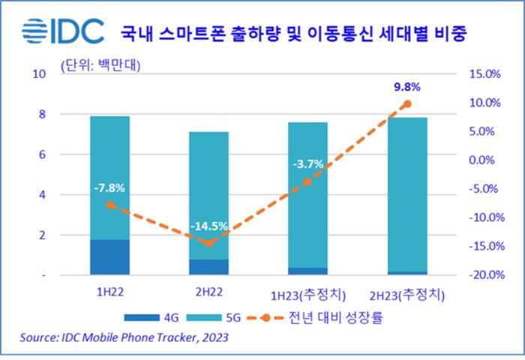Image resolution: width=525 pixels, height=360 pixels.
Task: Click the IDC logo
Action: click(x=58, y=33)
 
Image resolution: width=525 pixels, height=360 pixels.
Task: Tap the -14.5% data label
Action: click(x=209, y=226)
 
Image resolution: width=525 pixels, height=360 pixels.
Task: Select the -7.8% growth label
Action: click(x=109, y=187)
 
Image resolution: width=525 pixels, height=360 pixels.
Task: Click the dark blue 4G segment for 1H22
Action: click(x=109, y=257)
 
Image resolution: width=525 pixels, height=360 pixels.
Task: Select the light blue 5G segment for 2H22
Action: click(x=208, y=195)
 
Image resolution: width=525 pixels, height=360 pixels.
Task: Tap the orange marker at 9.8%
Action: click(x=407, y=103)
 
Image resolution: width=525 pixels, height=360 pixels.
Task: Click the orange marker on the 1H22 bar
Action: click(x=110, y=205)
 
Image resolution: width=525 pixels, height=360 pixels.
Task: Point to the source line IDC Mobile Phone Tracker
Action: click(x=124, y=338)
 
